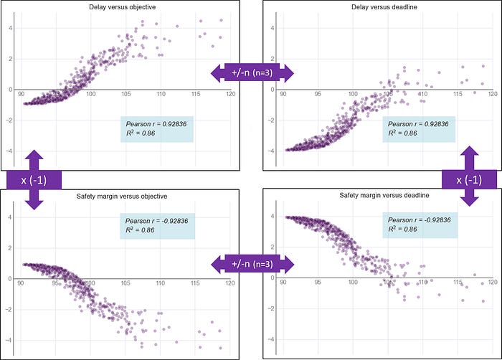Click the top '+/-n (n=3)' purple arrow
point(252,72)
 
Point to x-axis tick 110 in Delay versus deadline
point(422,95)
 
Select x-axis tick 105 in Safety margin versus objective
point(126,283)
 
